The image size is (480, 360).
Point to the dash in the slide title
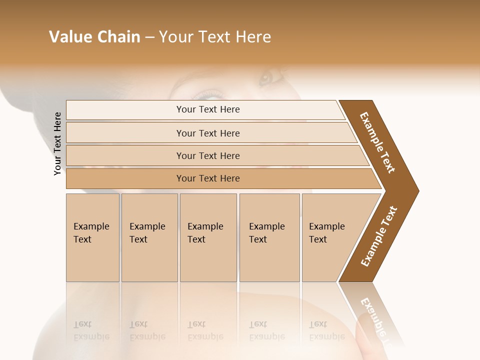(x=149, y=37)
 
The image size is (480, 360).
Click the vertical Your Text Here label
(x=57, y=143)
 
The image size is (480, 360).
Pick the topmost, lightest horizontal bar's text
(x=208, y=109)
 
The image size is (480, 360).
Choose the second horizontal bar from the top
(x=208, y=133)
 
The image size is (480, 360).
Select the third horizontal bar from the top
(x=208, y=156)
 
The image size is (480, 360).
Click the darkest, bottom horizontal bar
(x=208, y=178)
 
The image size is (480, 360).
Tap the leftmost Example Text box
(x=92, y=237)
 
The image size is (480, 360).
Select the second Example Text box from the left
(x=149, y=237)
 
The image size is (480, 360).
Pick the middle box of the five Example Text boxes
(x=208, y=237)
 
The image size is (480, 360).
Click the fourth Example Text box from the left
(x=269, y=237)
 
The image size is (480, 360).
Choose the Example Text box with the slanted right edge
(x=330, y=237)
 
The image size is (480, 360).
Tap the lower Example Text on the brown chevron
(x=379, y=236)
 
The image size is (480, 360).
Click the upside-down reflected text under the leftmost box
(x=91, y=330)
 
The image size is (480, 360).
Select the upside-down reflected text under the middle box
(x=205, y=330)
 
